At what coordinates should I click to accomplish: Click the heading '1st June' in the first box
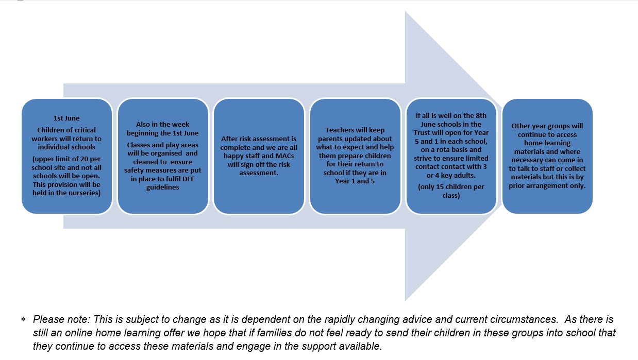[x=66, y=118]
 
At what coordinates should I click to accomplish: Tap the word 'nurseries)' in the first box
[x=85, y=193]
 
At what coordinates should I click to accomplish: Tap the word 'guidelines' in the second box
[x=163, y=187]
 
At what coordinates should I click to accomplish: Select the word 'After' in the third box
[x=229, y=139]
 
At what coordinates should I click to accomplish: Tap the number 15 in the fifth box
[x=440, y=186]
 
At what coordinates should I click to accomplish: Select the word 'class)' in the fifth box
[x=451, y=196]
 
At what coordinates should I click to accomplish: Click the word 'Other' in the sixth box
[x=520, y=126]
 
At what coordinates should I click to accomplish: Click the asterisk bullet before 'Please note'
[x=23, y=319]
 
